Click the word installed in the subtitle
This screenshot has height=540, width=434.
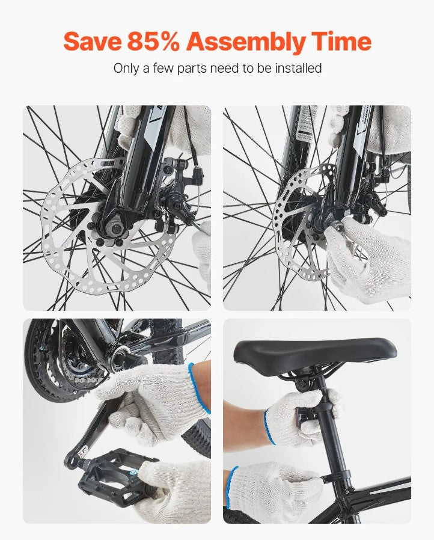pyautogui.click(x=299, y=68)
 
